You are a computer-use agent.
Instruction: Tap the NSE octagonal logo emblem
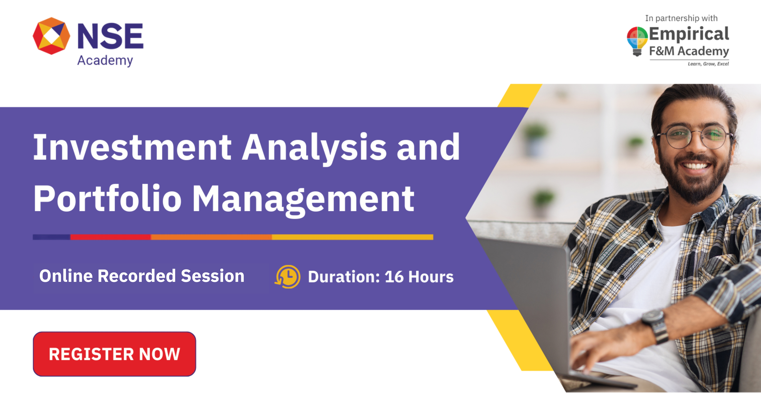point(51,36)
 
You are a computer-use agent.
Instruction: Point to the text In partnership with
point(681,18)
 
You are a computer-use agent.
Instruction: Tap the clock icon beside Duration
point(287,277)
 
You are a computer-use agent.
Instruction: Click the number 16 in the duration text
point(394,277)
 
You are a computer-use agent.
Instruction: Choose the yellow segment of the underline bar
point(352,237)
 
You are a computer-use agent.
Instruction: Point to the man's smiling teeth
point(697,165)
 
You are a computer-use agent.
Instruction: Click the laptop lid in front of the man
point(529,283)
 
